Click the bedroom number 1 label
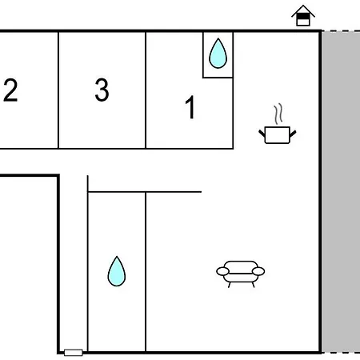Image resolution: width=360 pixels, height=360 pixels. [190, 107]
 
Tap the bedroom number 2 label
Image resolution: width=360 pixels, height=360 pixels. [10, 90]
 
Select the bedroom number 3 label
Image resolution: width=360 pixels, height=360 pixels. [102, 90]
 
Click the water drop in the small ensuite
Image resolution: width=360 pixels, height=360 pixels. [218, 54]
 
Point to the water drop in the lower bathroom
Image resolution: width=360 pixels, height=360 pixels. [117, 271]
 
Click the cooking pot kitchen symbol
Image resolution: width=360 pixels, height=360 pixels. [278, 134]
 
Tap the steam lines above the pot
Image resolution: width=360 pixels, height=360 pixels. [278, 114]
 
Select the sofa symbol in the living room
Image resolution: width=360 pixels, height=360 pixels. [241, 274]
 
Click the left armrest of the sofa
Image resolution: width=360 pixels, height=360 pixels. [222, 271]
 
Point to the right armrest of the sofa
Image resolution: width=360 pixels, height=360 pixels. [258, 271]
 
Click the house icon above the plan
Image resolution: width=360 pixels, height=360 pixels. [303, 15]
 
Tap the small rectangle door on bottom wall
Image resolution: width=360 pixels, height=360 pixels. [74, 353]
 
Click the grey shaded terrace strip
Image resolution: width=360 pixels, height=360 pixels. [341, 192]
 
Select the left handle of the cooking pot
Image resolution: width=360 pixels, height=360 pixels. [262, 133]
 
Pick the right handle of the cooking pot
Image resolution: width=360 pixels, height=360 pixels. [293, 133]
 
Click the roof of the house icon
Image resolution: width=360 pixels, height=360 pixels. [303, 10]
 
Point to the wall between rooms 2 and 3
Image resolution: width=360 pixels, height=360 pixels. [58, 90]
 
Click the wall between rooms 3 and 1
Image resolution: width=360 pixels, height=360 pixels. [146, 90]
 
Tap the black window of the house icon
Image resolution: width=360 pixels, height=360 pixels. [303, 17]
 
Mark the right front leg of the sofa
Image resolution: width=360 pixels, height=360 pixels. [254, 285]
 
